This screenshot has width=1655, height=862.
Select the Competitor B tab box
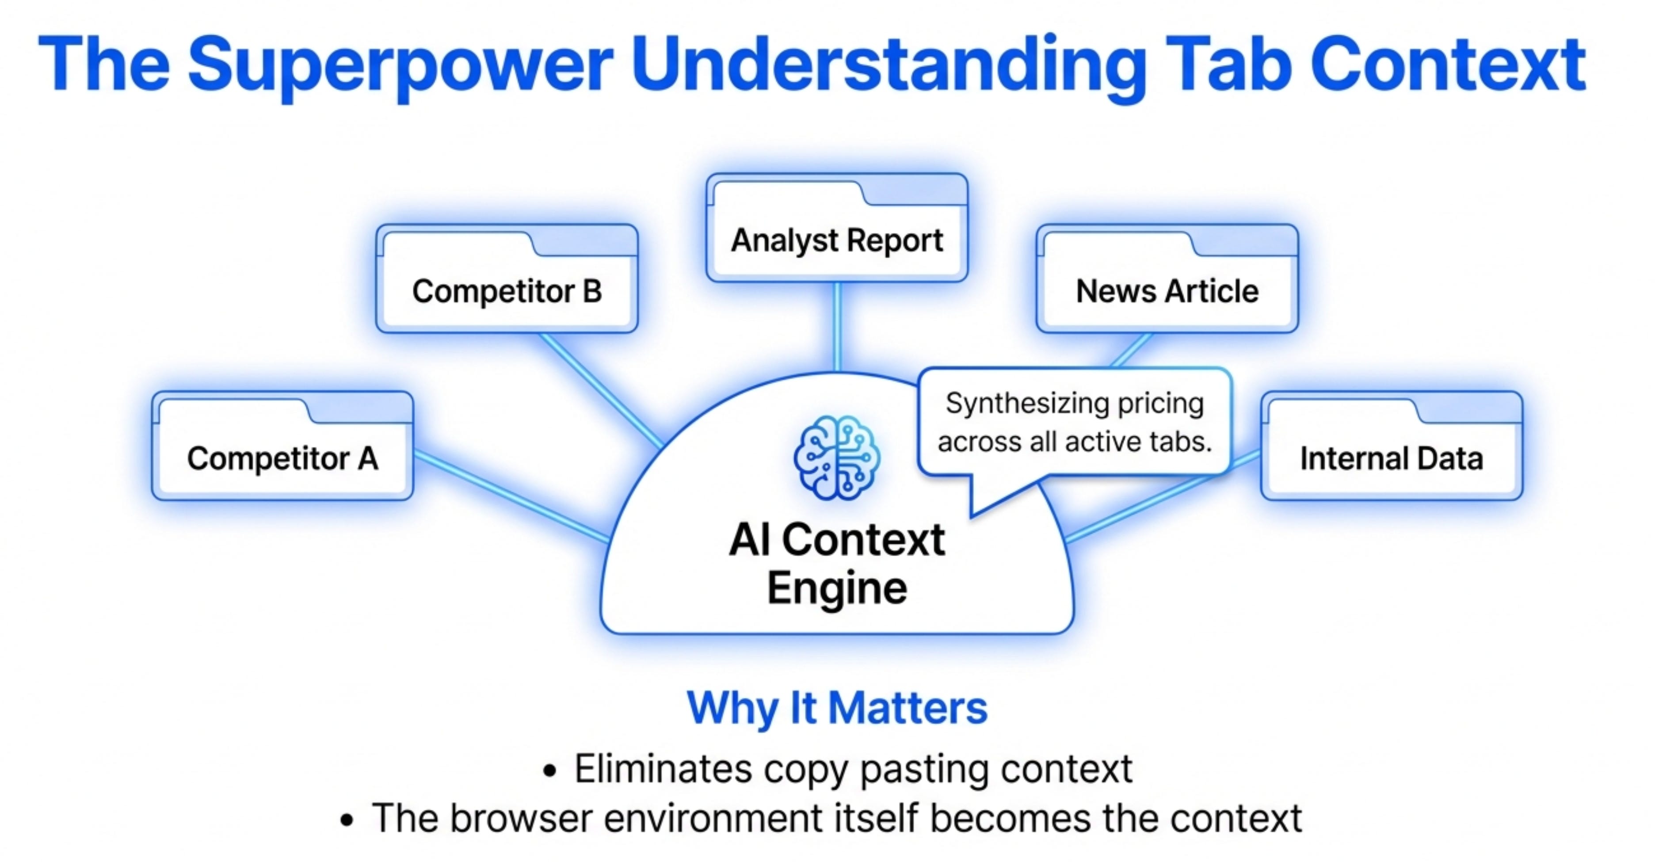click(x=507, y=291)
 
